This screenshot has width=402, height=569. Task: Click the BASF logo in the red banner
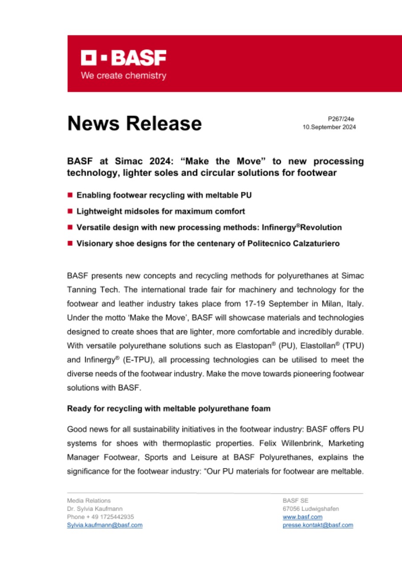click(123, 58)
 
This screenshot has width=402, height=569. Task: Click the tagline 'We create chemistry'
click(123, 76)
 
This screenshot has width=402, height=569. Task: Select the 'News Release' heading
click(134, 123)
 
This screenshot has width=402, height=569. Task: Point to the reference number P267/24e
click(341, 119)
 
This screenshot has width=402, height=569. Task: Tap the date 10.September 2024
click(329, 127)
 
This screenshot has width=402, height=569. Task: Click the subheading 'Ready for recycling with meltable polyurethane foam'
click(168, 408)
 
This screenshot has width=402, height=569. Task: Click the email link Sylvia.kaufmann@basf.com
click(105, 525)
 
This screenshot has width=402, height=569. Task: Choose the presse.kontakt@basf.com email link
click(318, 525)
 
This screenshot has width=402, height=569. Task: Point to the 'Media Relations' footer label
click(89, 501)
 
